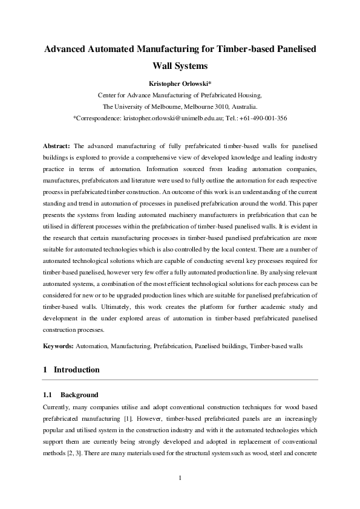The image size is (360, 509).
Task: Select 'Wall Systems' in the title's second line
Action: click(x=180, y=66)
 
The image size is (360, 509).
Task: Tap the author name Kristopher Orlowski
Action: click(x=180, y=83)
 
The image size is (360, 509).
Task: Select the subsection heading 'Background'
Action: click(x=79, y=394)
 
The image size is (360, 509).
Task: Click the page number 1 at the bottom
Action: click(x=180, y=479)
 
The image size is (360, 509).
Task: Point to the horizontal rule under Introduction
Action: click(x=180, y=379)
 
